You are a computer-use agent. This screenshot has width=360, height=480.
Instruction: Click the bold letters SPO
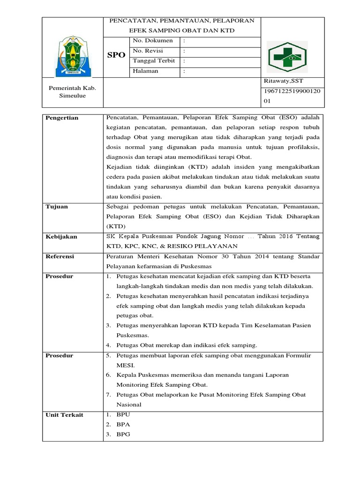(116, 55)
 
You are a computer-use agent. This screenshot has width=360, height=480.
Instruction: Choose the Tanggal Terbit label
(154, 61)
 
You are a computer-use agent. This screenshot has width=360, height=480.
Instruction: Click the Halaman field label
(146, 71)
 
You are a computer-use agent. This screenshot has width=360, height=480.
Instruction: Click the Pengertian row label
(62, 118)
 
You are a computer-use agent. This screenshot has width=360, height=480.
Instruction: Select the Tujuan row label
(56, 207)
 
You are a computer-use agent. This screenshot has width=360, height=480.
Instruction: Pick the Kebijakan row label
(61, 237)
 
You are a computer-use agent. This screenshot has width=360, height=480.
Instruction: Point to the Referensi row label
(60, 256)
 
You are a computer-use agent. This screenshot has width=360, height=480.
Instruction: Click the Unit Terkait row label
(64, 415)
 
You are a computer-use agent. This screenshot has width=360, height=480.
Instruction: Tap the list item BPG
(123, 435)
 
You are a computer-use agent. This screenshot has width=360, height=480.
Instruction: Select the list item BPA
(123, 425)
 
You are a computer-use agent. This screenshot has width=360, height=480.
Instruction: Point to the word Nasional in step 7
(129, 405)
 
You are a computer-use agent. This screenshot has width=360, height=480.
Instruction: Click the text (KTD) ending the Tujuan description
(117, 226)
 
